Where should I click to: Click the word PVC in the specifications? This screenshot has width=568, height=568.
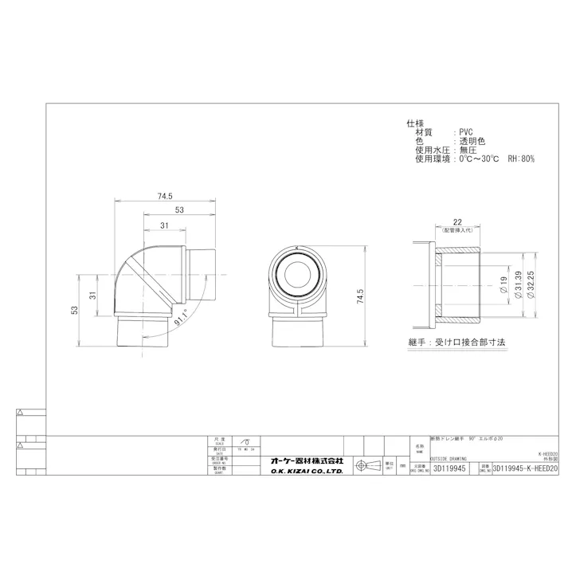(464, 132)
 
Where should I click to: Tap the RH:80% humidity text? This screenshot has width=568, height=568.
(520, 159)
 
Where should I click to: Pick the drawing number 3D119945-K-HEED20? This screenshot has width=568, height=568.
(526, 470)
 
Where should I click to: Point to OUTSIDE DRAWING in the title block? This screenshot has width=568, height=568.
(449, 459)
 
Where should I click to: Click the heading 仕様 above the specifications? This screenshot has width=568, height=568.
(414, 123)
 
